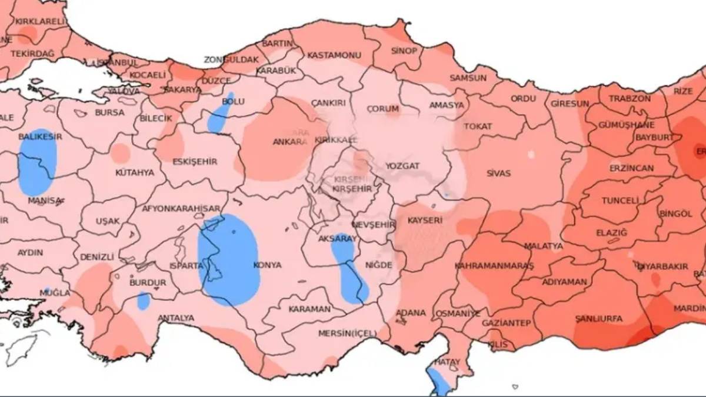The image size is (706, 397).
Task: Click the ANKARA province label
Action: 290,142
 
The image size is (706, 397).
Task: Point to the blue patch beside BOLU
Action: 220,115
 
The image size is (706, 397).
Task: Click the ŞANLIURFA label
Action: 598,319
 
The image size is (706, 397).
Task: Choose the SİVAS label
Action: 498,174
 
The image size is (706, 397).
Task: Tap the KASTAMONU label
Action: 334,55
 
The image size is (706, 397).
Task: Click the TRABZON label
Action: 630,98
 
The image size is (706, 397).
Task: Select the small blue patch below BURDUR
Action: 144,301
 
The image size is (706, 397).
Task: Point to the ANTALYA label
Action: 175,318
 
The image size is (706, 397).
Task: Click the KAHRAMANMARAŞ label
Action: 494,266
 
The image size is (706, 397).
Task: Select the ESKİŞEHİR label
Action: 195,162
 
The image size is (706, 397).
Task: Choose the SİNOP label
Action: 404,51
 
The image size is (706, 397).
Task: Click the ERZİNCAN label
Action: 631,168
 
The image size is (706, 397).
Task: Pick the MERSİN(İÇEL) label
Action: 347,333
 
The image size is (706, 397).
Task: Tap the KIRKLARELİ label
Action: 40,22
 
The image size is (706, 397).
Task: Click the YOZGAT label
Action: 402,166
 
